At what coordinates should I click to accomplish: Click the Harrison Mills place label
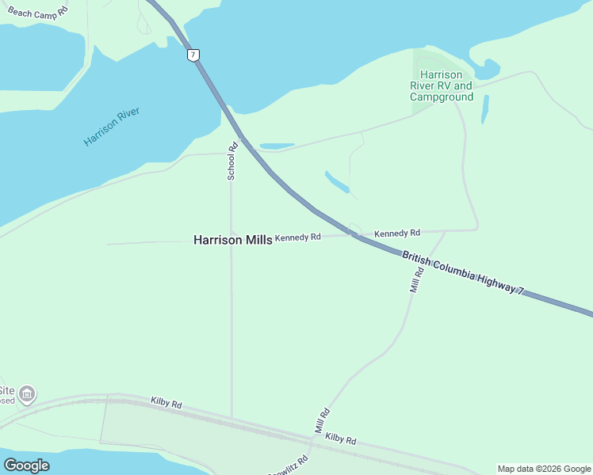(x=232, y=239)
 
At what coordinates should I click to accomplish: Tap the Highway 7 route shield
(x=193, y=55)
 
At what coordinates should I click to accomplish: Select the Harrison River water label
(x=112, y=127)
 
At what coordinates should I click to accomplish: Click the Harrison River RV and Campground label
(x=442, y=85)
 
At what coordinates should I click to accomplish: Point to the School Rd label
(x=232, y=161)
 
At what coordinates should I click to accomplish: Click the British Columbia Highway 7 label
(x=463, y=273)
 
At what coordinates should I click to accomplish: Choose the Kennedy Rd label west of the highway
(x=297, y=237)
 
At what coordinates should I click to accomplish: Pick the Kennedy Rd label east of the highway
(x=396, y=234)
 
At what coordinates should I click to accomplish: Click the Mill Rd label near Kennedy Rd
(x=417, y=280)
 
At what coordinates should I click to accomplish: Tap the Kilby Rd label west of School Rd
(x=166, y=402)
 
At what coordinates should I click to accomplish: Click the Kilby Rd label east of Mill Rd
(x=340, y=439)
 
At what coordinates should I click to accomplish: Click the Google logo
(x=26, y=465)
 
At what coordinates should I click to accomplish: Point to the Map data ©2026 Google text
(x=544, y=469)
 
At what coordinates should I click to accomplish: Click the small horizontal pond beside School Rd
(x=277, y=146)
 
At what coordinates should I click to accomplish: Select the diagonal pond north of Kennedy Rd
(x=337, y=181)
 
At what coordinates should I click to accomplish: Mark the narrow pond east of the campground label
(x=484, y=110)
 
